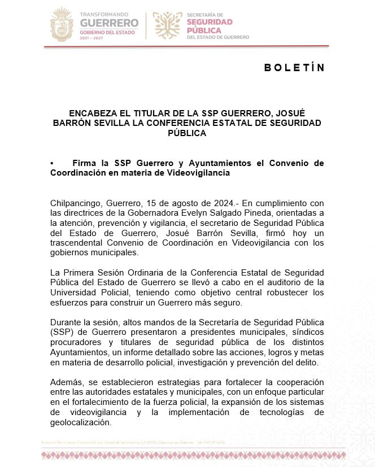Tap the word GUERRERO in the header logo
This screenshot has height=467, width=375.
pos(109,23)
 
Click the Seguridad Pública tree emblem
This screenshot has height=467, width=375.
pos(167,25)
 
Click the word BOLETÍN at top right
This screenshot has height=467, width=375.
pos(294,68)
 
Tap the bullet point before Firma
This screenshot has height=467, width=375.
pos(52,163)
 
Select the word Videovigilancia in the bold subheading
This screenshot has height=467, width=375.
pos(196,173)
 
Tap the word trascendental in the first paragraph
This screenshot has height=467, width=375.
pos(79,243)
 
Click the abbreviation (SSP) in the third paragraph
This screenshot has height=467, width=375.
pos(61,333)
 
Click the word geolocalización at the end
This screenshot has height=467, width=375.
pos(81,422)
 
